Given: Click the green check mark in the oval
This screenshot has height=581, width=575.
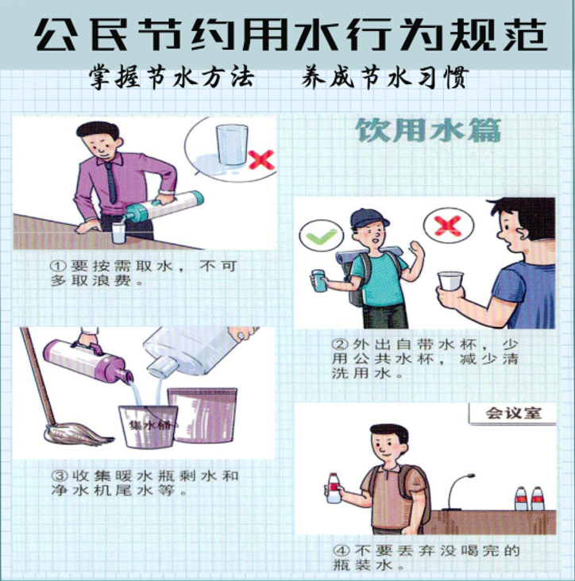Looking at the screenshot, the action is [322, 236].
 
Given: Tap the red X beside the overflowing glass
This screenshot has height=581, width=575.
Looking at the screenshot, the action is [261, 160].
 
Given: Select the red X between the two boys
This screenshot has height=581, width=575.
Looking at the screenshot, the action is [448, 225].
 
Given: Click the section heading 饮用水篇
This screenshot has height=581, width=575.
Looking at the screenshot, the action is [428, 130].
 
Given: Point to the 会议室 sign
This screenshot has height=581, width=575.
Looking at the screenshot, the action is [513, 414].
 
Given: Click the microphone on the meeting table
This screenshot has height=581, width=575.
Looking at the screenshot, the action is [459, 491].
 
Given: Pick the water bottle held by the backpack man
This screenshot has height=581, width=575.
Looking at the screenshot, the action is [334, 487].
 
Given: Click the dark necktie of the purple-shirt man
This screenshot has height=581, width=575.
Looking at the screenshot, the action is [111, 183].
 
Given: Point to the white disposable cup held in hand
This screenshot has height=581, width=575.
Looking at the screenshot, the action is [450, 281].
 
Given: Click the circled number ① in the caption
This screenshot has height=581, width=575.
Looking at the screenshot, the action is [58, 266].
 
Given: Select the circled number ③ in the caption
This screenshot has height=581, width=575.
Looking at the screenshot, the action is [58, 475].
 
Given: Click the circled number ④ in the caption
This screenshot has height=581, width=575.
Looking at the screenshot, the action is [340, 550].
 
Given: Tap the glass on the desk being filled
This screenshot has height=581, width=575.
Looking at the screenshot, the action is [118, 233].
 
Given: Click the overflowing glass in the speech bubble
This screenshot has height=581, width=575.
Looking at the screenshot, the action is [233, 144].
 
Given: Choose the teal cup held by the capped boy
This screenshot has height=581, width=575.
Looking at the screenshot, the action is [318, 281].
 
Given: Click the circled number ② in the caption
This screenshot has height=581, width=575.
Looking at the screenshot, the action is [338, 344].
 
